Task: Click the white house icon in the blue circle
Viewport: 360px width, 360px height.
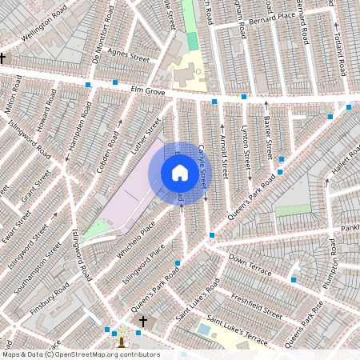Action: (x=180, y=173)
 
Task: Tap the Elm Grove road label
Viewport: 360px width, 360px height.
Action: (x=148, y=91)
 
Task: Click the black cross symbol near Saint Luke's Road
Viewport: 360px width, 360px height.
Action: (x=143, y=322)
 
